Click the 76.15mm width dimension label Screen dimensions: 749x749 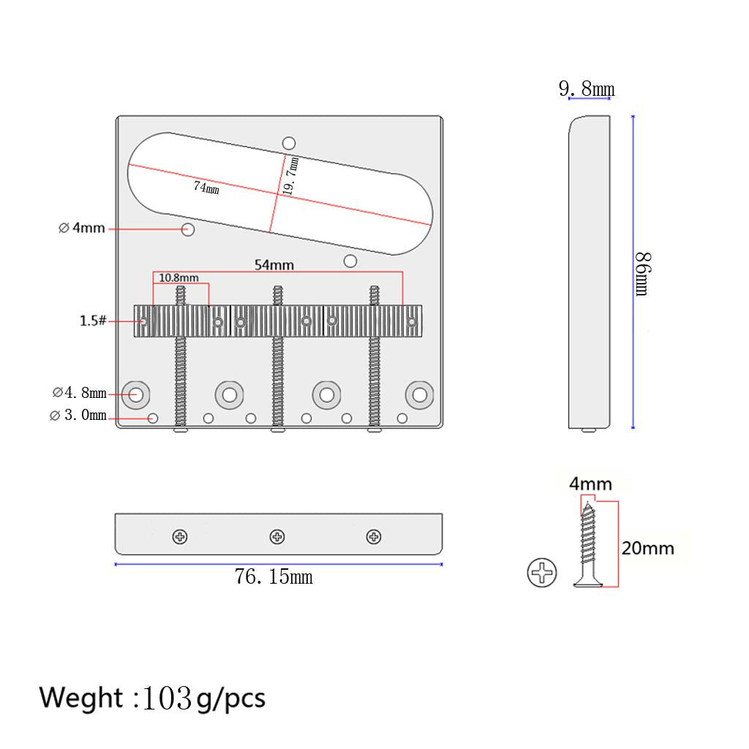[x=274, y=576]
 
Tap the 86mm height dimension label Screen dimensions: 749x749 [x=643, y=274]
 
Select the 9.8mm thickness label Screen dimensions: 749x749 [x=587, y=89]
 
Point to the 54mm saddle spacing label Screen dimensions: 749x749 [x=274, y=265]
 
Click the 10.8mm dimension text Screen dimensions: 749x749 [x=178, y=277]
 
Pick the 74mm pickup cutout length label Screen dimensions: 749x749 [x=206, y=187]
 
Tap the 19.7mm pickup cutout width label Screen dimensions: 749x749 [x=290, y=176]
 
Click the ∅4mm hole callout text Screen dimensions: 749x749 [x=82, y=228]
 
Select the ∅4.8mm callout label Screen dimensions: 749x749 [x=79, y=393]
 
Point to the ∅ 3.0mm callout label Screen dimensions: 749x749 [x=78, y=415]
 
